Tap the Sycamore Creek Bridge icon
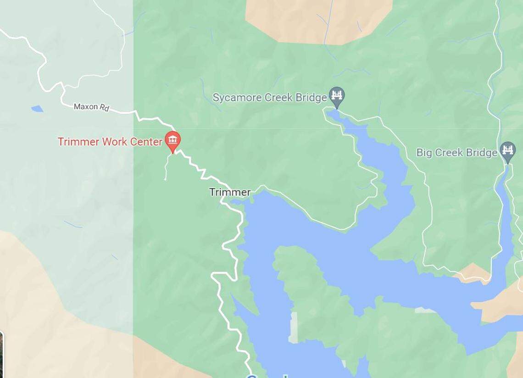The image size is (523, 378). tap(337, 96)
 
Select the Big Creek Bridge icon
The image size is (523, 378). tap(507, 151)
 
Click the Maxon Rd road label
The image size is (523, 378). tap(92, 107)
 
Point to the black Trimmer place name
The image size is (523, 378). tap(230, 192)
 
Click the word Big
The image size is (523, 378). tap(424, 153)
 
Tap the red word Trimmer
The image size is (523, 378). tap(78, 142)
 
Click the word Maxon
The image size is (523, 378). tap(86, 106)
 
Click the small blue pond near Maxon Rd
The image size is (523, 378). tap(37, 109)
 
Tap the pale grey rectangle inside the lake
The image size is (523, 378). tap(293, 327)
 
